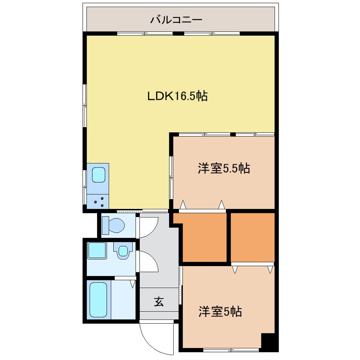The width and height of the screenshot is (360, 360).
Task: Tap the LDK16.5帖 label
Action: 177,96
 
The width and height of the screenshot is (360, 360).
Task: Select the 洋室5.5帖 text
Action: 223,169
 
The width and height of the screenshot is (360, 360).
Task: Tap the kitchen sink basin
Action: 99,175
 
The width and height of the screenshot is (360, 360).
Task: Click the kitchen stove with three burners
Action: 99,202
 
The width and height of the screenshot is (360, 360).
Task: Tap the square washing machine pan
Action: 97,250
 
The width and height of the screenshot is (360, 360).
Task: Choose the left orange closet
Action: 204,238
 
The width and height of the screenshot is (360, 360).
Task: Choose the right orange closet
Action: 253,237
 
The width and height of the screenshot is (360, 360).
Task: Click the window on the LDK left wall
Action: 85,105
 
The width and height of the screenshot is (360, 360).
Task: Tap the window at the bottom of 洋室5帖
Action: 231,350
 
